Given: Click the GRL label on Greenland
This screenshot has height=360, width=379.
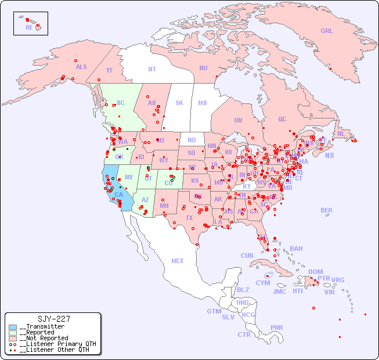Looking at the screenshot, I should (327, 31).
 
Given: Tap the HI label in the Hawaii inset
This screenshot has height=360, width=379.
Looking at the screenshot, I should (28, 27).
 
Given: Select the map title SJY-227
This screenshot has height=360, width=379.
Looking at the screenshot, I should (53, 319).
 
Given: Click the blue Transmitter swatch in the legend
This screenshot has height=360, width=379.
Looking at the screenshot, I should (13, 327).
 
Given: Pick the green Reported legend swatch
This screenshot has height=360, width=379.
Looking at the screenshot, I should (13, 333).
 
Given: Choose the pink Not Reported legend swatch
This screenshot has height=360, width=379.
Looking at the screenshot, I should (13, 339).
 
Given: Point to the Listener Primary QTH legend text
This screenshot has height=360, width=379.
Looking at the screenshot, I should (57, 344).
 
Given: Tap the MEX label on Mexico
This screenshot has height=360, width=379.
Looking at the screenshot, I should (178, 261).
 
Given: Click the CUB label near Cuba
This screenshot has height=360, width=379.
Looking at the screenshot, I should (247, 255).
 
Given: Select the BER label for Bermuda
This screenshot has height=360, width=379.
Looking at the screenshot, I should (326, 210).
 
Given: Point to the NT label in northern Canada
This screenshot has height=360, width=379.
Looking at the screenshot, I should (152, 69).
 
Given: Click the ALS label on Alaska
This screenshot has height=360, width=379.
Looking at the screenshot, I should (81, 67).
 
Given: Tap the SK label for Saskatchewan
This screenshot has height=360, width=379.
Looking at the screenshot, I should (179, 103).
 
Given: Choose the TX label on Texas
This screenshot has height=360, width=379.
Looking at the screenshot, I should (189, 218).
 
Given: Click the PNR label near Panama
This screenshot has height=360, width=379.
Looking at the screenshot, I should (277, 327).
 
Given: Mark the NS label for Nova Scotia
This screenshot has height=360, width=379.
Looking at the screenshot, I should (330, 156).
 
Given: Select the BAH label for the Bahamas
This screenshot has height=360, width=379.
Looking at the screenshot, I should (296, 249).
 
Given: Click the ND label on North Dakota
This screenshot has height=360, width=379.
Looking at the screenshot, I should (192, 140).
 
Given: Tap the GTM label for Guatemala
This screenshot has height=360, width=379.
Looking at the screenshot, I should (214, 311).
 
